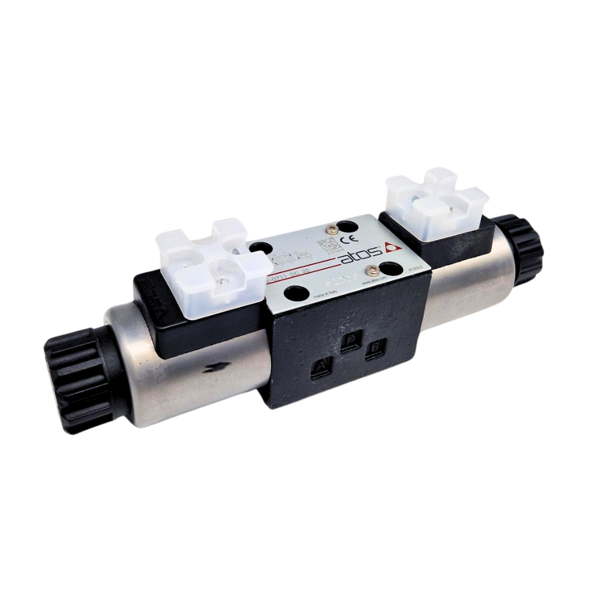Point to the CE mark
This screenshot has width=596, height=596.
(343, 241)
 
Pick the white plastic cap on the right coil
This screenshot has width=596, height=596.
(436, 202)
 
